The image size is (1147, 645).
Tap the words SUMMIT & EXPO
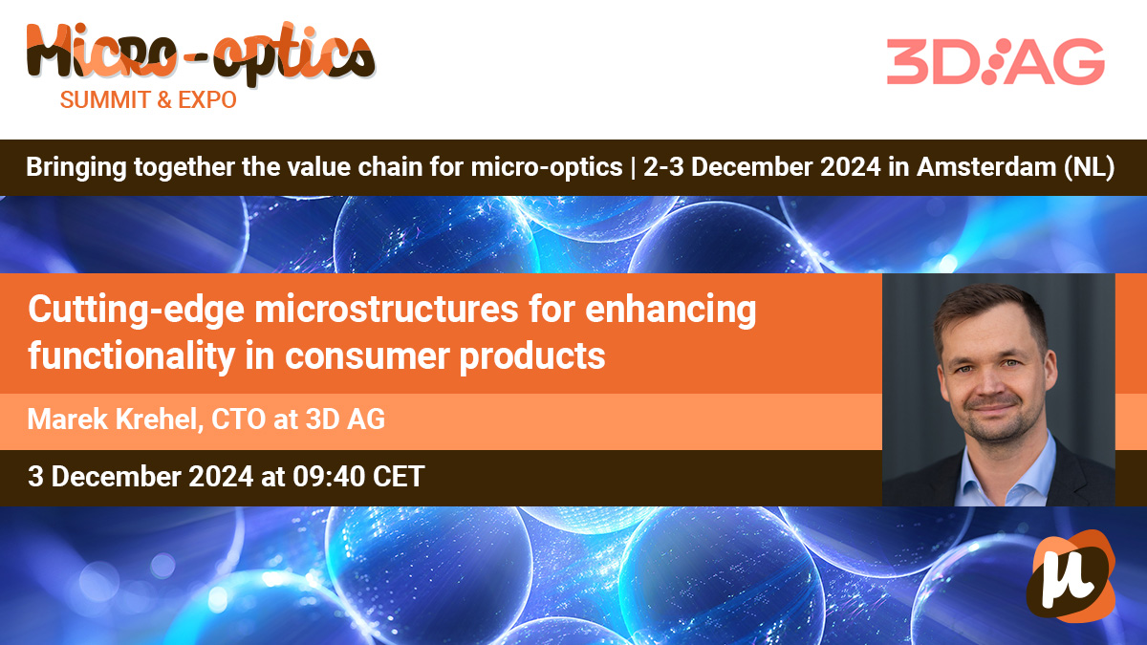(x=148, y=99)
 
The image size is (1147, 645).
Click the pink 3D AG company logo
(x=995, y=61)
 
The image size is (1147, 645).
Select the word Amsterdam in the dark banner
(x=986, y=167)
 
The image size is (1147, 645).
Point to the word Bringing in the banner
(x=76, y=168)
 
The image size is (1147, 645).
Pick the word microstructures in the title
(x=387, y=310)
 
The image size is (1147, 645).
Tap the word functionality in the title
(x=132, y=356)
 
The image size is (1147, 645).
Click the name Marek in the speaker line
(x=68, y=419)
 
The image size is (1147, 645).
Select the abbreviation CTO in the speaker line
(x=239, y=419)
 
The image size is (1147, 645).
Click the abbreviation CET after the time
(x=399, y=477)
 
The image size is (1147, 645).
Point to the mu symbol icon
(x=1071, y=576)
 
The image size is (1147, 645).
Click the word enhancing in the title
(x=671, y=311)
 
